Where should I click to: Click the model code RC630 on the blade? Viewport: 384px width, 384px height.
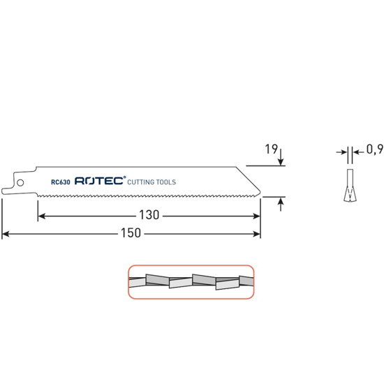61,182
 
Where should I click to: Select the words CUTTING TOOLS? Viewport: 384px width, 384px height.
152,182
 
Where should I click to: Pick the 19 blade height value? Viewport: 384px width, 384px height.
272,149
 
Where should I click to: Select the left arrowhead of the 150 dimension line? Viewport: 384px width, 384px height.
6,234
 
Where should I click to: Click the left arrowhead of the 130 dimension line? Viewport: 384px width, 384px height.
41,216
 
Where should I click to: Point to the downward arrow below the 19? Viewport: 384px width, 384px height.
281,161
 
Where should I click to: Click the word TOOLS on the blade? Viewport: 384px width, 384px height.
165,182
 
